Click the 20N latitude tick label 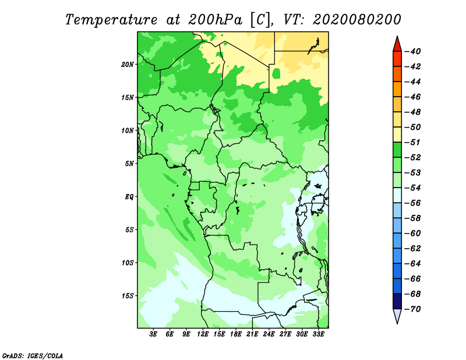pos(128,64)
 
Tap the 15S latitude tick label pos(128,295)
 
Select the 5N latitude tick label pos(129,163)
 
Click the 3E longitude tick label pos(154,334)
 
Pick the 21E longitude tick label pos(252,334)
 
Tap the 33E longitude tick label pos(318,334)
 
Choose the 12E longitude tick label pos(203,334)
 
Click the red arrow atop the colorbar pos(397,43)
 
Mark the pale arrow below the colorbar pos(397,317)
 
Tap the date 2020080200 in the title pos(357,19)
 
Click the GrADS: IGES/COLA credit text pos(33,355)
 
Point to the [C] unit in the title pos(260,19)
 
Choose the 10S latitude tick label pos(128,262)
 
